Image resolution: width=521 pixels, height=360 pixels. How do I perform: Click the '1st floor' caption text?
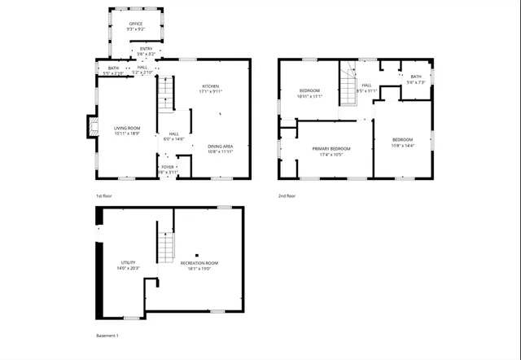click(103, 196)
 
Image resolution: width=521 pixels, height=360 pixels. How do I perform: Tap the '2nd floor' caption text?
click(287, 196)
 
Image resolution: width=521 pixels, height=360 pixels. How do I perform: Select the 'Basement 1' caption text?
click(107, 336)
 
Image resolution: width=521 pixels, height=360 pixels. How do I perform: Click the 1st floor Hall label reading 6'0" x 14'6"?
click(173, 137)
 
